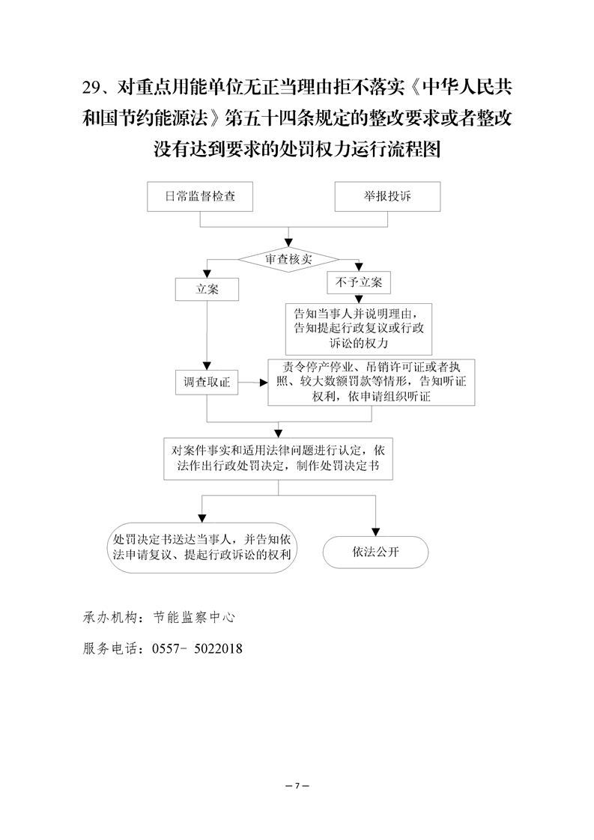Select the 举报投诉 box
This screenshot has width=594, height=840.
coord(387,196)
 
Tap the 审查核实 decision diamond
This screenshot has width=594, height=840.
coord(288,259)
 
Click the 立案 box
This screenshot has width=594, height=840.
coord(207,289)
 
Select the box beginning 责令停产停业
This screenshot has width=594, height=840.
coord(372,383)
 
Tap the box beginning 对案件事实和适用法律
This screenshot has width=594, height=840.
coord(279,458)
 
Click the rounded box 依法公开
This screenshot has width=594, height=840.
coord(375,553)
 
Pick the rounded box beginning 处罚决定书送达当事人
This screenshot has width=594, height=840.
coord(200,547)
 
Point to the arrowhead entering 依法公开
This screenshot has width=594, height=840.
coord(375,531)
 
